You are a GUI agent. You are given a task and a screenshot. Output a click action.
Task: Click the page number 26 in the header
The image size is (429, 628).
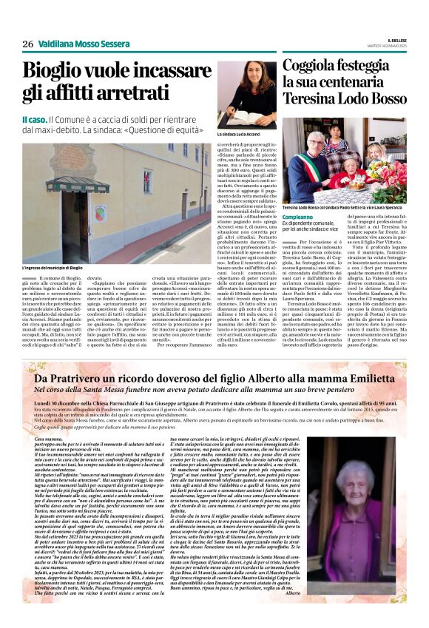click(x=28, y=44)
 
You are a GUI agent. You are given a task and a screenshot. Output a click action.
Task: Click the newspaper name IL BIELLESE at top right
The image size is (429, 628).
click(x=398, y=40)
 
